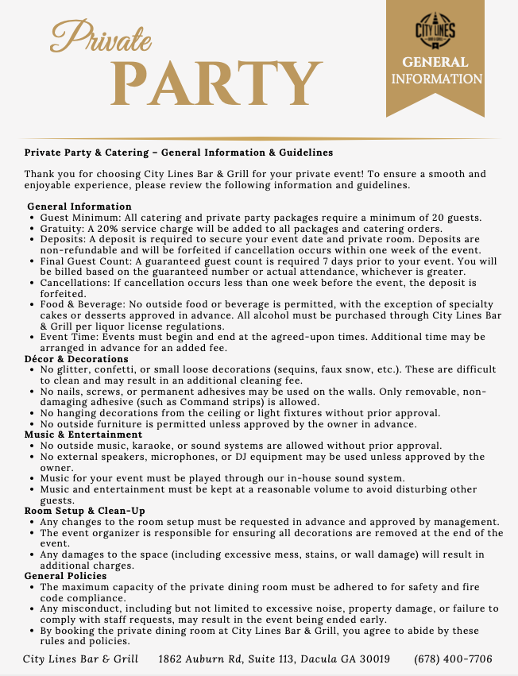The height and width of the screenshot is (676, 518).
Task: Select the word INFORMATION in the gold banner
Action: click(x=436, y=79)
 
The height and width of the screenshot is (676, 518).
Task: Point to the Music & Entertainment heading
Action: click(x=83, y=435)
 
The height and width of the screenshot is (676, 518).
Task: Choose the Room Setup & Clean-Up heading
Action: click(x=84, y=510)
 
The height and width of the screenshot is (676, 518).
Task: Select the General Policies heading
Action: click(x=64, y=576)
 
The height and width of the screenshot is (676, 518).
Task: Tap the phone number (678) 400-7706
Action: click(x=453, y=659)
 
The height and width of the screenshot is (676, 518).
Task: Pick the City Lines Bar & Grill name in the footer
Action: click(x=80, y=659)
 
